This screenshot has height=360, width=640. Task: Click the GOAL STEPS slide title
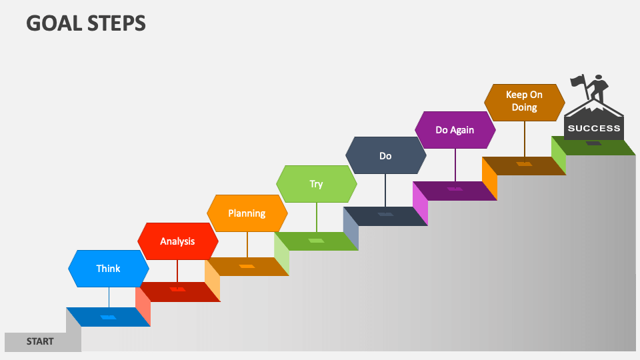click(x=86, y=23)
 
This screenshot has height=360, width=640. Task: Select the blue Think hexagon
click(x=108, y=269)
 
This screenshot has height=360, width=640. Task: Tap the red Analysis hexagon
click(x=177, y=241)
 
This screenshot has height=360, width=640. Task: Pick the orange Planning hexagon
click(x=247, y=213)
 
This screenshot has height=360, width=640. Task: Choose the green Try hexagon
click(x=316, y=184)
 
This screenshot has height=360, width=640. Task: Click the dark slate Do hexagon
click(x=385, y=156)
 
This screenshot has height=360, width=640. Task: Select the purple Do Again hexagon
click(x=455, y=130)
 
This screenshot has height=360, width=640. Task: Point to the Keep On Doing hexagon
click(x=524, y=102)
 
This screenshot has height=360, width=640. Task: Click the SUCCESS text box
click(x=593, y=128)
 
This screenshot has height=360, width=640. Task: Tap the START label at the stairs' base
click(x=41, y=341)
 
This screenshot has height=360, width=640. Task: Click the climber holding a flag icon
click(x=596, y=89)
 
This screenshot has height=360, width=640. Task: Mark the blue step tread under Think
click(x=108, y=317)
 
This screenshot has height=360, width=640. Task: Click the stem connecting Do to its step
click(x=385, y=190)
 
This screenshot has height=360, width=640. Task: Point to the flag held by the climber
click(x=577, y=81)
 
